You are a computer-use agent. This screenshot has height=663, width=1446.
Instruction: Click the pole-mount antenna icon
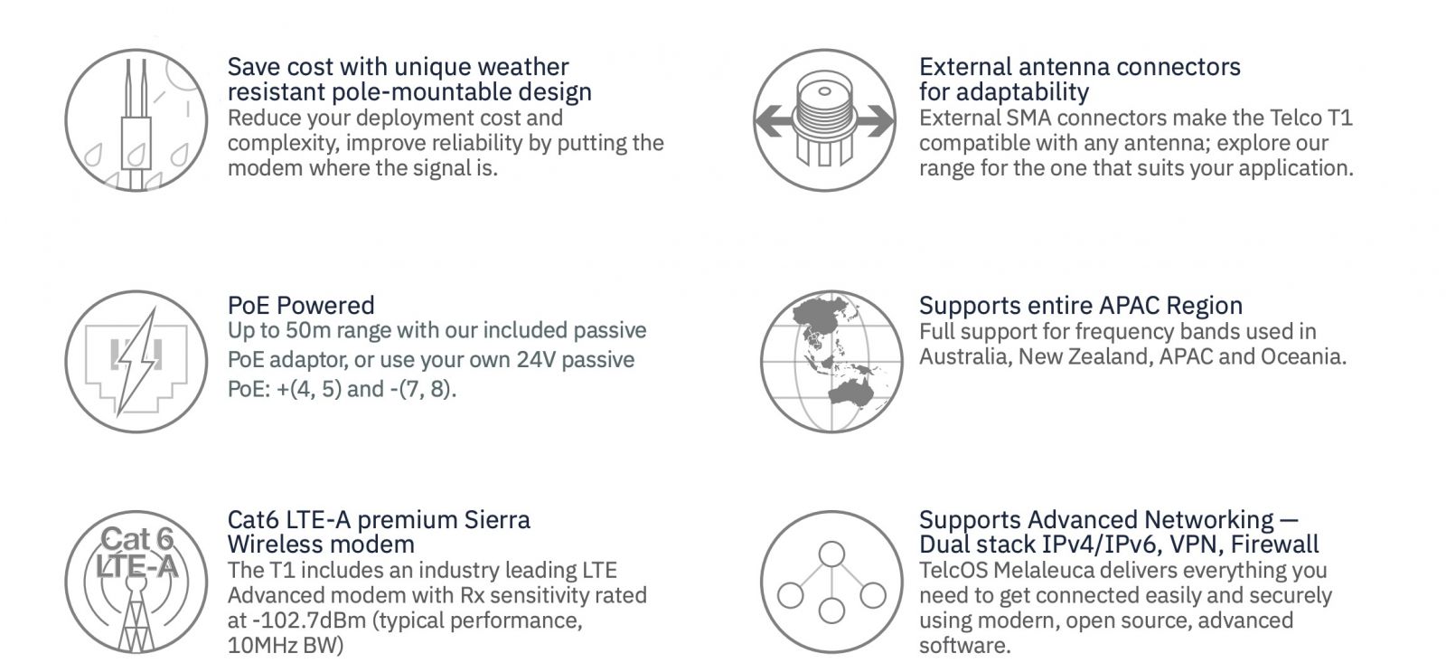click(x=136, y=120)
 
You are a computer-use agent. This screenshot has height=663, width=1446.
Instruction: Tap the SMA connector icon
click(x=824, y=120)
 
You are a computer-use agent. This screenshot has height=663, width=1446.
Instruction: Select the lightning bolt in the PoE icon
click(x=137, y=361)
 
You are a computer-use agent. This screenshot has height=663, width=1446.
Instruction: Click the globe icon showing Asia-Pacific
click(x=831, y=361)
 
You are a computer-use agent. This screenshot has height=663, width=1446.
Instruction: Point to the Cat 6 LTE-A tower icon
click(x=136, y=582)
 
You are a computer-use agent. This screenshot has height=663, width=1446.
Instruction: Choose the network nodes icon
click(x=831, y=582)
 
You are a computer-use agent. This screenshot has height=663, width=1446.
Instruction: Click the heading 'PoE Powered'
click(x=301, y=305)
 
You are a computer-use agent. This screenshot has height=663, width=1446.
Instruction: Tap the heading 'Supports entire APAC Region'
click(x=1081, y=305)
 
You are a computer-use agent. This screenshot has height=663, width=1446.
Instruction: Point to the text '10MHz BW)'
click(x=286, y=646)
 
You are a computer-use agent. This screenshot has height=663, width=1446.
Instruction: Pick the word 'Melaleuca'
click(x=1044, y=571)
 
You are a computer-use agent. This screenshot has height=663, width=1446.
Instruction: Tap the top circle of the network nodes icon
click(x=831, y=554)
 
